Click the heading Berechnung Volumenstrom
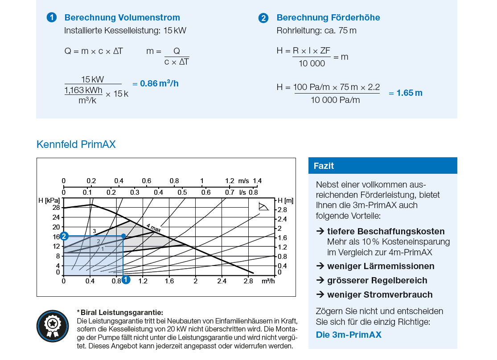(x=122, y=18)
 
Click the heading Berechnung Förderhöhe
(x=328, y=18)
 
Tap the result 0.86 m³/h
(x=159, y=83)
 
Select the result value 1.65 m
(x=409, y=93)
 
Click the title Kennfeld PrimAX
(x=76, y=145)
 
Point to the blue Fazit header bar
(x=382, y=166)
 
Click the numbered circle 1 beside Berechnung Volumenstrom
(x=52, y=18)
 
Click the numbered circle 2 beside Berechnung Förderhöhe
(x=263, y=18)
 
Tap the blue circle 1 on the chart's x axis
(x=126, y=280)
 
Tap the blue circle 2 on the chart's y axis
(x=64, y=236)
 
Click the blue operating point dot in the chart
(x=123, y=236)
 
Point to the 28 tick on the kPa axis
(x=56, y=208)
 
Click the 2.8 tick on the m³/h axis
(x=248, y=281)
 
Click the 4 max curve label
(x=153, y=228)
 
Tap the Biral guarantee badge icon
(x=53, y=326)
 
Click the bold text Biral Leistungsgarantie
(x=121, y=312)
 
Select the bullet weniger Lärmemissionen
(x=380, y=266)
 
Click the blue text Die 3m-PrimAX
(x=349, y=335)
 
